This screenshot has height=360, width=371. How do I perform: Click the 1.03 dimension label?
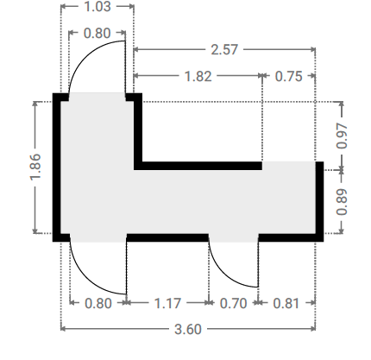pyautogui.click(x=97, y=6)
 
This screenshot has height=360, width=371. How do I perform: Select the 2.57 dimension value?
pyautogui.click(x=224, y=49)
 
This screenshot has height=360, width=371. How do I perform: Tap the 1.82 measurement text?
pyautogui.click(x=198, y=76)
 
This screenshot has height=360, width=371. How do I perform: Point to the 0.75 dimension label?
pyautogui.click(x=288, y=76)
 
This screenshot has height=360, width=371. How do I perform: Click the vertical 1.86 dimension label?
pyautogui.click(x=35, y=167)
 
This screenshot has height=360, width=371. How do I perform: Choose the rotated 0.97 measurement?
pyautogui.click(x=342, y=136)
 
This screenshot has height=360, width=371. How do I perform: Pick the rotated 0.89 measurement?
pyautogui.click(x=342, y=202)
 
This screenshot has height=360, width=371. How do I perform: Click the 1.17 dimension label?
pyautogui.click(x=167, y=303)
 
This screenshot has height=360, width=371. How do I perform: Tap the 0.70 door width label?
pyautogui.click(x=233, y=303)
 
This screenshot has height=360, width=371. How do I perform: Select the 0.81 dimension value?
pyautogui.click(x=286, y=303)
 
